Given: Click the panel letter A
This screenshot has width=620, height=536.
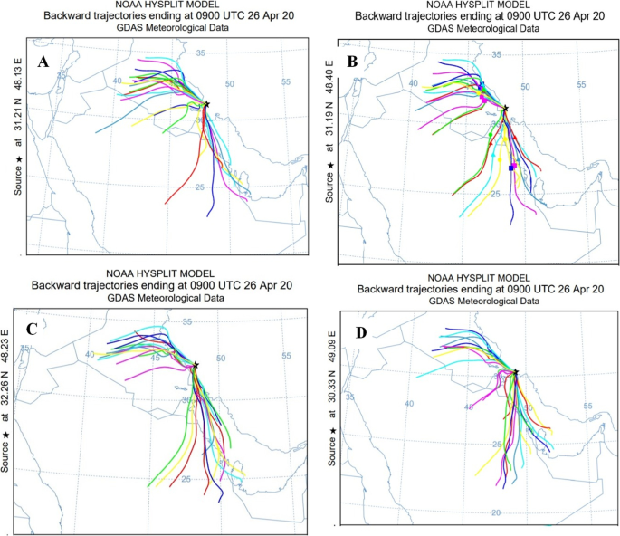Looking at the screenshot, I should coord(42,62).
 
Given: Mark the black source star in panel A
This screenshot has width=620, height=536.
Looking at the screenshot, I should coord(207,105).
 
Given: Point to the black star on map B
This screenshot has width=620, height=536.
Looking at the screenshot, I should coord(506,108).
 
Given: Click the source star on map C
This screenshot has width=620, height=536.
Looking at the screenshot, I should coord(196,365).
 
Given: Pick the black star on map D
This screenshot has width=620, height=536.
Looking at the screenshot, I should coord(516,372).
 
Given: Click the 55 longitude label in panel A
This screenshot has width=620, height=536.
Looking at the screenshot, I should coord(286,83).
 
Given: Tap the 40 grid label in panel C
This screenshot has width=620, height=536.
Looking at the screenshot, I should coord(89,355).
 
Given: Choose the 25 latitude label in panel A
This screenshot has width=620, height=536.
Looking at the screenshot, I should coord(197,187).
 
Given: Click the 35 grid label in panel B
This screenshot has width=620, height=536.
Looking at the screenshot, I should coord(496,56).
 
